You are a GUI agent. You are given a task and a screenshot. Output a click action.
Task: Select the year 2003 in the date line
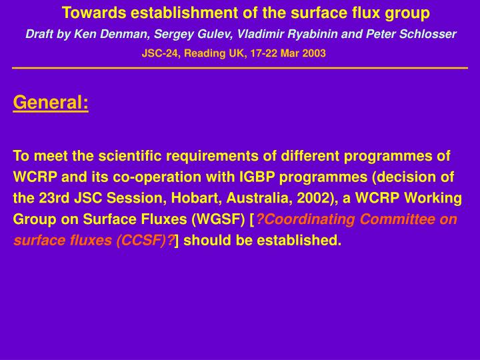314,53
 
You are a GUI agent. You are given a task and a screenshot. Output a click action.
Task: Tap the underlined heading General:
51,103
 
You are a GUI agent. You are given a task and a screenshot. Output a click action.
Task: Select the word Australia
245,198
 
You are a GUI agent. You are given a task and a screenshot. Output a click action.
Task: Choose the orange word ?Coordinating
305,219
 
